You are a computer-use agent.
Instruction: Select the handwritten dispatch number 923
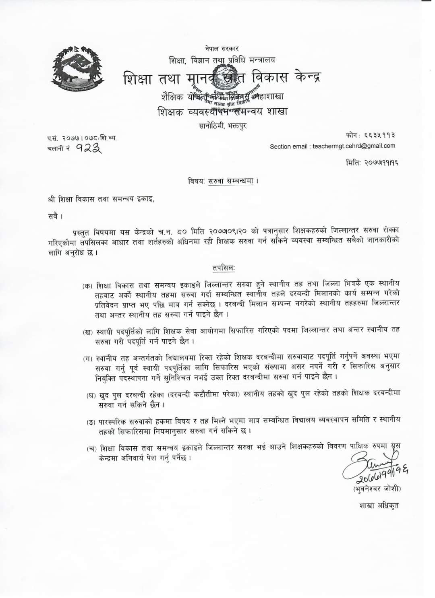tap(89, 148)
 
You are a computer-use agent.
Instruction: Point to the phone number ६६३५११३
tap(379, 135)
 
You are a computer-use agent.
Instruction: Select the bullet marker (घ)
tap(91, 396)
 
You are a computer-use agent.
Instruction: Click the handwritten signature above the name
tap(373, 463)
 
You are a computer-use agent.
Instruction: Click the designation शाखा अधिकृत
tap(379, 505)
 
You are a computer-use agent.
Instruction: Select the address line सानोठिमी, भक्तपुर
tap(223, 125)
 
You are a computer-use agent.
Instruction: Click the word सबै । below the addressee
tap(55, 217)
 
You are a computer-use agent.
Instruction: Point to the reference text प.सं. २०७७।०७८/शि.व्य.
tap(82, 138)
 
